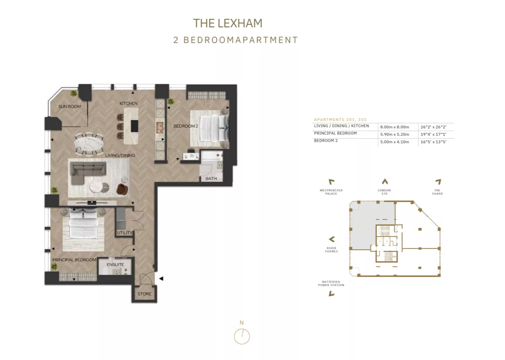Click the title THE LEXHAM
(228, 23)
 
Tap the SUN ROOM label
(70, 107)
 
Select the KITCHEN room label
(129, 103)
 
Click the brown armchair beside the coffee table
(123, 189)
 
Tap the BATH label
(211, 178)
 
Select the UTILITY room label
(125, 232)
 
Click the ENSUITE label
(115, 265)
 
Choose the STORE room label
(144, 294)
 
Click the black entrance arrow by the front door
(161, 278)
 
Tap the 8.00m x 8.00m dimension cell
(395, 127)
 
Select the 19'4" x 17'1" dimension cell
(433, 134)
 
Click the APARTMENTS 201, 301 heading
(340, 119)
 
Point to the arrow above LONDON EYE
(385, 181)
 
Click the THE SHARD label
(437, 192)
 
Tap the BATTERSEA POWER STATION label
(331, 283)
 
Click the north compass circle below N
(242, 336)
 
